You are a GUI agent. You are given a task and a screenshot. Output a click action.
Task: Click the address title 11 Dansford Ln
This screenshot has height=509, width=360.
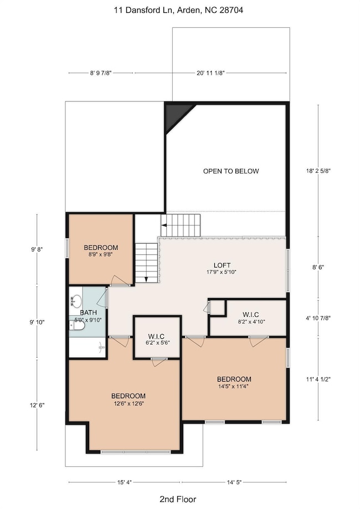pos(180,9)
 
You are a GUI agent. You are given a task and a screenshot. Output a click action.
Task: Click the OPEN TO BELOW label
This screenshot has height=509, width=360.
pos(230,171)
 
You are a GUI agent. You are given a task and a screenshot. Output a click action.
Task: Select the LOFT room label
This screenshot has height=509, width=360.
pos(222,265)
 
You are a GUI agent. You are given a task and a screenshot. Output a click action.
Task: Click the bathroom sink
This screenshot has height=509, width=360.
pos(77,301)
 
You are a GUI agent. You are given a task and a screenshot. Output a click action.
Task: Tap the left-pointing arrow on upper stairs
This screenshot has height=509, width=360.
pos(164,224)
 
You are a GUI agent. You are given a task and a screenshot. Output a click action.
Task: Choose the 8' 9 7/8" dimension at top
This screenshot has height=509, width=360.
pos(100,73)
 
